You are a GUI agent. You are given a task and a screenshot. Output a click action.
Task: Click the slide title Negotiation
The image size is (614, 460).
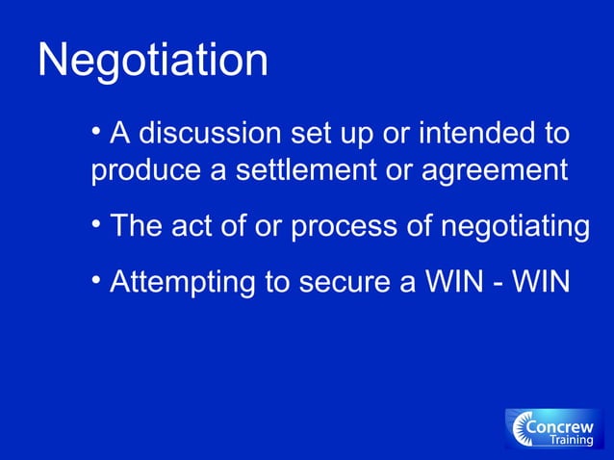[152, 62]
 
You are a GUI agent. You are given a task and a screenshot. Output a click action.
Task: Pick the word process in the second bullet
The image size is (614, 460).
[350, 228]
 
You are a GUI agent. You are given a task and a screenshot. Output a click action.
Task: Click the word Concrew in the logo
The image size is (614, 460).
[567, 425]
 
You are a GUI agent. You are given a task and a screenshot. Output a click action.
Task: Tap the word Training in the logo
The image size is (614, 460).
[571, 441]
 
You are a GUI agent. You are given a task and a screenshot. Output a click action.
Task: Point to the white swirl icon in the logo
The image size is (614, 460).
[524, 429]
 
